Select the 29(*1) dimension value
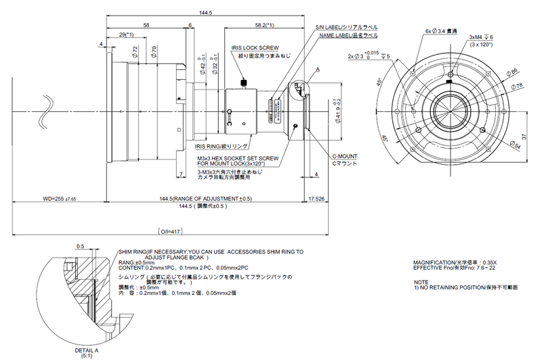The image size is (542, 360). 126,34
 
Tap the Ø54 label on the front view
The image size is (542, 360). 514,144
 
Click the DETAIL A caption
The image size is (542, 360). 86,350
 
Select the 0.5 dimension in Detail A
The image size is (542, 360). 81,246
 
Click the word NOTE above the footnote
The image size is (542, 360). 421,281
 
